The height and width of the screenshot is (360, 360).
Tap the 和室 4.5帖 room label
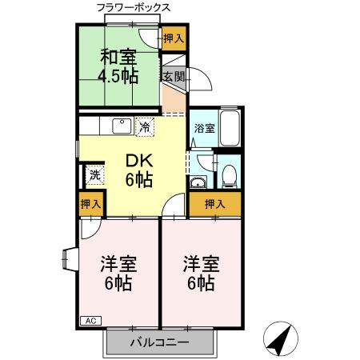tap(118, 66)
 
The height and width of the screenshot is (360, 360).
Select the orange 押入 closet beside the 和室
tap(174, 38)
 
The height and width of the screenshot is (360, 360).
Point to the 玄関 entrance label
tap(174, 77)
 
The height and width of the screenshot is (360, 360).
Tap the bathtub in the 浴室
tap(230, 127)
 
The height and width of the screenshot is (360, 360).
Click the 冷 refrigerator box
tap(145, 126)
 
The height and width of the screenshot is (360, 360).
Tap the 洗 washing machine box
tap(94, 175)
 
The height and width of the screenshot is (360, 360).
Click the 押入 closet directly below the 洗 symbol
tap(91, 204)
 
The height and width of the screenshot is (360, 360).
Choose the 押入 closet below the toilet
tap(214, 203)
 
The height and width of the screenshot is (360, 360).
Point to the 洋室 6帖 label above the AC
tap(116, 273)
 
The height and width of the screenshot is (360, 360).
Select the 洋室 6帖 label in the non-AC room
tap(199, 273)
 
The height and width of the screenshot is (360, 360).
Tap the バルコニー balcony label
tap(160, 342)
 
